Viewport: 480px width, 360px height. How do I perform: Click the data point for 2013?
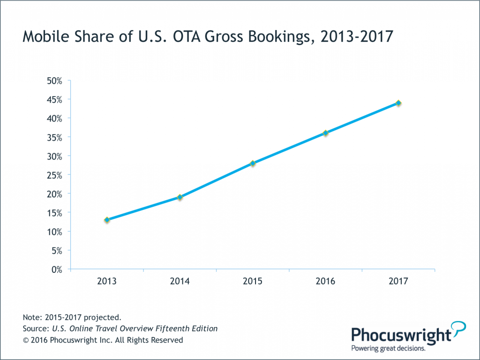click(x=107, y=220)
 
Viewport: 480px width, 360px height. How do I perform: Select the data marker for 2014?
click(x=180, y=197)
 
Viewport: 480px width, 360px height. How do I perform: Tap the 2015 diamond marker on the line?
click(x=253, y=163)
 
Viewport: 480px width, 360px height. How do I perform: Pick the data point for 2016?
click(x=325, y=133)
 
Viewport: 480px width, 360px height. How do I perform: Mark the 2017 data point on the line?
click(x=398, y=103)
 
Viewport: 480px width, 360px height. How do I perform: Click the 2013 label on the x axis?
click(x=107, y=282)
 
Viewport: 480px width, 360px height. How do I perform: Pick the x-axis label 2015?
click(x=253, y=282)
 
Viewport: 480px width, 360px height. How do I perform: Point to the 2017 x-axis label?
click(x=398, y=282)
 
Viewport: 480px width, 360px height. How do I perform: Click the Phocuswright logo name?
click(x=401, y=335)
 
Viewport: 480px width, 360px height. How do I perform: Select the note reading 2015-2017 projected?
click(x=72, y=317)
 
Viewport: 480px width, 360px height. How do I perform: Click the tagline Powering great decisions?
click(x=389, y=348)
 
